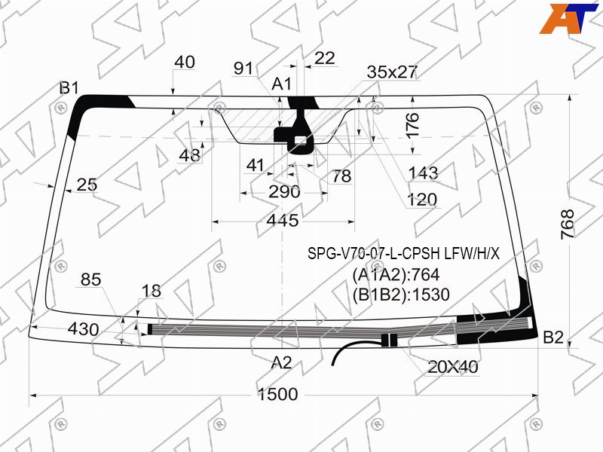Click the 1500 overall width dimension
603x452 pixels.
coord(277,394)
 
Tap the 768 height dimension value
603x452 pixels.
coord(568,224)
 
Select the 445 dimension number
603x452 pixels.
coord(283,221)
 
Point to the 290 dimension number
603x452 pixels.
coord(284,191)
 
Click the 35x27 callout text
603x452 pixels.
coord(392,72)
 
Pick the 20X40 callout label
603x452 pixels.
coord(453,367)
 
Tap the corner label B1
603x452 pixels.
coord(69,88)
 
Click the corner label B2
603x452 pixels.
coord(553,337)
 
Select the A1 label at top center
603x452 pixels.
coord(281,84)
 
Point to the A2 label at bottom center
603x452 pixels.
coord(281,362)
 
